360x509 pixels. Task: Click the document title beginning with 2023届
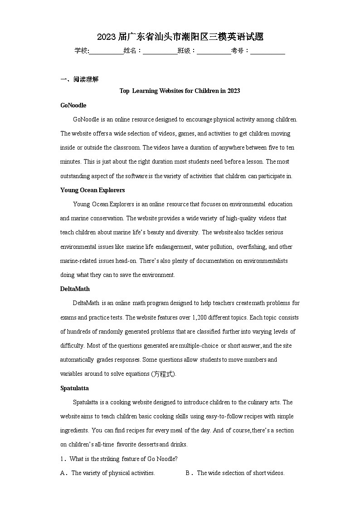(180, 37)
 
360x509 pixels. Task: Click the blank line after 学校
(106, 51)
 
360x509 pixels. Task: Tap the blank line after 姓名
(160, 51)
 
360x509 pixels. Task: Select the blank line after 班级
(214, 51)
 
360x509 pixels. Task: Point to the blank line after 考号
(268, 51)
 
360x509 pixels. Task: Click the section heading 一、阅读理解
(79, 79)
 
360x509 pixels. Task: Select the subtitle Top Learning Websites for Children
(180, 91)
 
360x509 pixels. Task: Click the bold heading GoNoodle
(73, 105)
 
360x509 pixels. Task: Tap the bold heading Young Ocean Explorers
(92, 190)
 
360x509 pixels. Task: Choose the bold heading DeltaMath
(75, 289)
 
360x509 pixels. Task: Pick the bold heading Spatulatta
(74, 388)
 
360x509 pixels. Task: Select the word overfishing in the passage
(251, 247)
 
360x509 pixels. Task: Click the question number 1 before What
(62, 459)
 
